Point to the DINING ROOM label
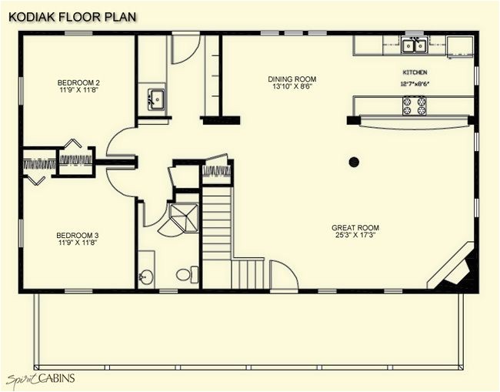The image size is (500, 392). click(x=292, y=79)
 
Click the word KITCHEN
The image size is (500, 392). click(x=415, y=72)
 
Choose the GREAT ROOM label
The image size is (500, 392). click(x=355, y=228)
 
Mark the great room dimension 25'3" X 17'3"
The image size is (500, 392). click(x=355, y=236)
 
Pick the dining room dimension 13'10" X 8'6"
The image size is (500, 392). click(x=292, y=88)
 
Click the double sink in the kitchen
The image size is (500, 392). click(x=415, y=45)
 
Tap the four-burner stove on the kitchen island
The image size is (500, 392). click(x=413, y=106)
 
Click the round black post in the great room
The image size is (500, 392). click(x=354, y=162)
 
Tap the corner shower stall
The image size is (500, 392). click(x=182, y=218)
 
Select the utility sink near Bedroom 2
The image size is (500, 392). click(x=155, y=99)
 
